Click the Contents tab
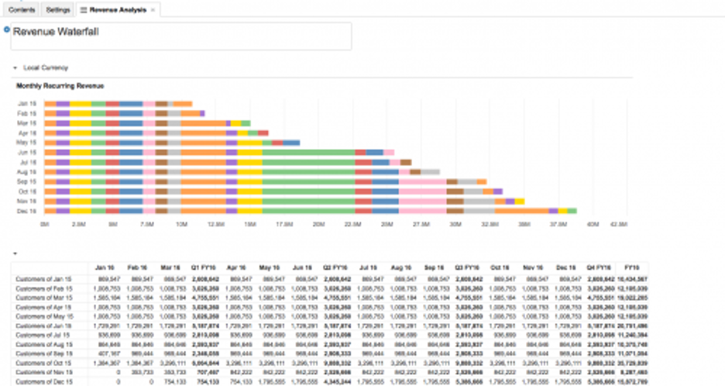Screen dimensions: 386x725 tap(21, 9)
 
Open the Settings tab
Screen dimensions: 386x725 tap(57, 9)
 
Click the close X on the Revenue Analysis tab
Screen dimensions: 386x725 tap(153, 9)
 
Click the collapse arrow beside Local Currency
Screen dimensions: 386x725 tap(15, 68)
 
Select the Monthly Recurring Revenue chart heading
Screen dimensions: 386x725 tap(60, 85)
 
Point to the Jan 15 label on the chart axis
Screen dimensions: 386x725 tap(27, 103)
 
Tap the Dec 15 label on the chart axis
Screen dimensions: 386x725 tap(27, 210)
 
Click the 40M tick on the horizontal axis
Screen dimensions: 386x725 tap(593, 224)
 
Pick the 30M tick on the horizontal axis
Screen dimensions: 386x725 tap(455, 224)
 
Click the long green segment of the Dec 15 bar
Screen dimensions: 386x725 tap(308, 210)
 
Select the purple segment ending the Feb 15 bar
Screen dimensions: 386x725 tap(202, 113)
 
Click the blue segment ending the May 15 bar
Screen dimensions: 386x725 tap(291, 143)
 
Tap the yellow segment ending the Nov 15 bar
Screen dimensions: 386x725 tap(520, 201)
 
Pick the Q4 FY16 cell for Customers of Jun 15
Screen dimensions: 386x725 tap(600, 325)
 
